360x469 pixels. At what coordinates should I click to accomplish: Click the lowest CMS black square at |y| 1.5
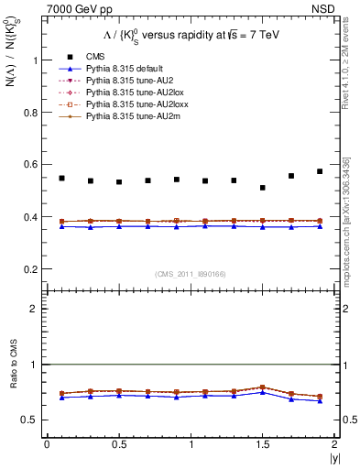click(262, 188)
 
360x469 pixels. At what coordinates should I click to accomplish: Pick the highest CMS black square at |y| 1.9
click(320, 171)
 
